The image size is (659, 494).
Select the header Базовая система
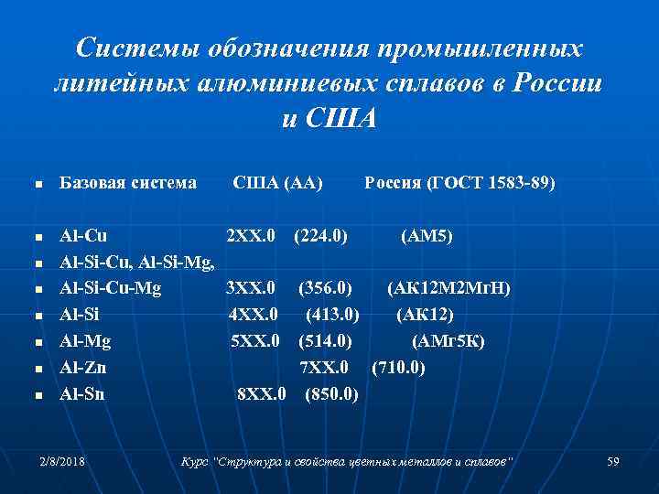(128, 183)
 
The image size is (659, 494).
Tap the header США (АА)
(277, 183)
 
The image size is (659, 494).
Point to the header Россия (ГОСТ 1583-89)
(459, 183)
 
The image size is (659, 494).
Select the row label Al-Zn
(82, 369)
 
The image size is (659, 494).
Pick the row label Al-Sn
(82, 395)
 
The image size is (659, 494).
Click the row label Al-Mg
(84, 342)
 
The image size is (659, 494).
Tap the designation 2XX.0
(251, 237)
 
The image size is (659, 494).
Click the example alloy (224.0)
(319, 237)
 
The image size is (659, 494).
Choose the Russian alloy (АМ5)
(427, 237)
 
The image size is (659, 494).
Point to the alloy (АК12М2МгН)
(448, 290)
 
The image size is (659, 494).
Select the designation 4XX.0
(254, 317)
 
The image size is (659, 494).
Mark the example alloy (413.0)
(332, 317)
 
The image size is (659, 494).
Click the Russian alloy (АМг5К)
(448, 342)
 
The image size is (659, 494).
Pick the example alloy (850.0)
(331, 395)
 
